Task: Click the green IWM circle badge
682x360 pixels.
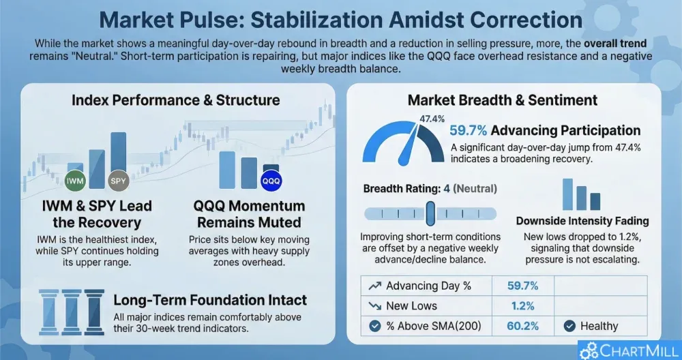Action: pos(74,181)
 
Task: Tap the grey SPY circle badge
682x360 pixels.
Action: pos(118,181)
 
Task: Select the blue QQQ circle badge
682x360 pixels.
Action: pos(271,181)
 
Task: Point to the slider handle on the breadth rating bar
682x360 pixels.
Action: pos(430,213)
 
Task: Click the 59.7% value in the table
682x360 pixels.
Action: pos(523,286)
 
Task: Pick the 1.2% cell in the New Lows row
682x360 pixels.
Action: pos(523,306)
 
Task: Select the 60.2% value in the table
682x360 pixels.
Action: pos(523,326)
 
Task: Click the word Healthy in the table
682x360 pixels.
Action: pos(599,326)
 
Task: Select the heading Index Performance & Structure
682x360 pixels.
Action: pos(176,100)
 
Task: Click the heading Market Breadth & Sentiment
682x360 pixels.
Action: pos(503,100)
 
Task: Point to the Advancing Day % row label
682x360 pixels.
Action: pos(428,286)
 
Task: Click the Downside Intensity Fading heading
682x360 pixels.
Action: pos(582,221)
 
